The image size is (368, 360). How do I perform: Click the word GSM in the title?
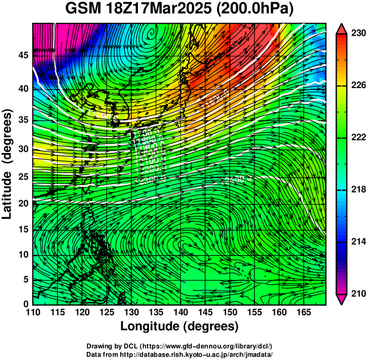click(82, 10)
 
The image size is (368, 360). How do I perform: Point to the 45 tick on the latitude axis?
click(23, 55)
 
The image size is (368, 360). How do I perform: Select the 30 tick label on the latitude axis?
click(23, 149)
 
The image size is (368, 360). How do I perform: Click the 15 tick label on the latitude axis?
click(23, 230)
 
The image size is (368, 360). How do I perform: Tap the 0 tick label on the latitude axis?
click(26, 304)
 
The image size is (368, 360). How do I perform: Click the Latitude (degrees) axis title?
click(8, 164)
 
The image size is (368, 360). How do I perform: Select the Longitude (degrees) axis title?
click(180, 327)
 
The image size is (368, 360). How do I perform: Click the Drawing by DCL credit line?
click(180, 346)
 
